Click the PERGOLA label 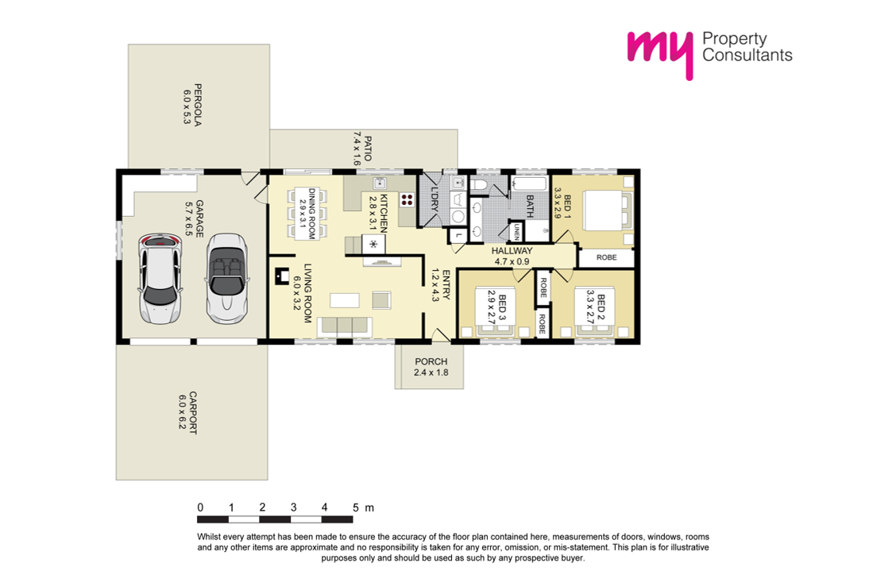click(x=198, y=105)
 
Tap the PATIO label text click(x=368, y=149)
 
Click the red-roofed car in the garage click(x=160, y=279)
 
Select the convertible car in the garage click(x=227, y=279)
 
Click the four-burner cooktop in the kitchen click(x=407, y=199)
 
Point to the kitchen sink click(x=380, y=183)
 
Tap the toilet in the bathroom click(x=479, y=183)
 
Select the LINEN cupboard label click(x=517, y=231)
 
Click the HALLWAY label click(x=512, y=250)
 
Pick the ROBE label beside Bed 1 click(x=606, y=257)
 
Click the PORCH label click(x=431, y=361)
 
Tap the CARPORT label click(x=193, y=412)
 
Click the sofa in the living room click(x=345, y=327)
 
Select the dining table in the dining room click(x=306, y=214)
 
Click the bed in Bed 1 click(x=608, y=210)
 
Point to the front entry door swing click(x=441, y=334)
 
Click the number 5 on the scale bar click(x=355, y=508)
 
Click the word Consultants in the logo click(x=747, y=55)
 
